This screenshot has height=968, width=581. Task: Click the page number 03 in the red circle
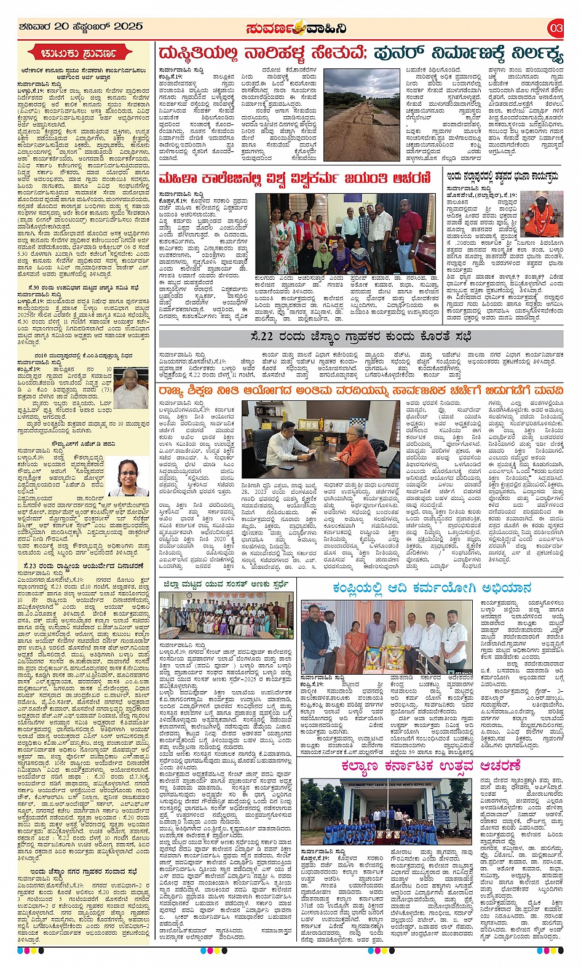pos(556,28)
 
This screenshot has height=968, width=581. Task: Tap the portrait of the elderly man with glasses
pos(130,383)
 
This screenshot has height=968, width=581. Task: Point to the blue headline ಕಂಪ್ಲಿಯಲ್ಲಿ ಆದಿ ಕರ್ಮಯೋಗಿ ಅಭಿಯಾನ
pos(432,587)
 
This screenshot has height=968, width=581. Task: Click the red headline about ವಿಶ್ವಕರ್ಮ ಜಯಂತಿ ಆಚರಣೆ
pos(295,178)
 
